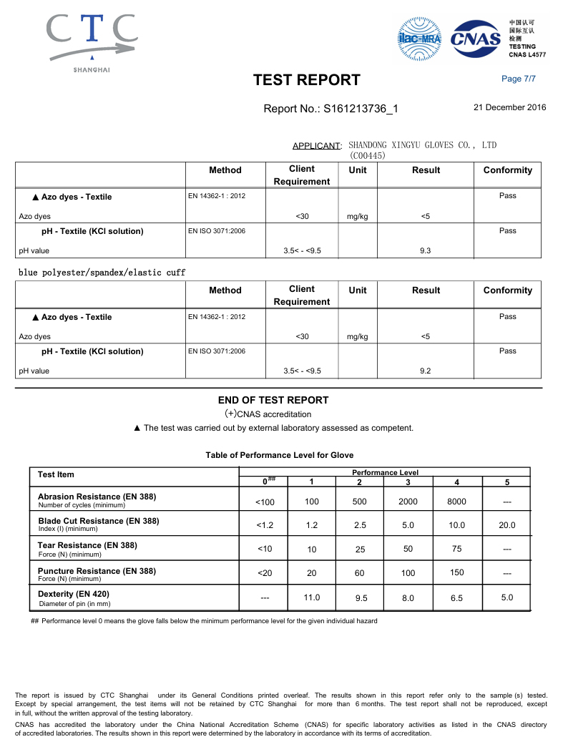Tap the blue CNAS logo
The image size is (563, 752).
click(476, 39)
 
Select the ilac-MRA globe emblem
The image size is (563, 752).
click(419, 39)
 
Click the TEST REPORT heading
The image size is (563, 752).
click(307, 80)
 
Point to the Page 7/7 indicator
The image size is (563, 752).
click(519, 79)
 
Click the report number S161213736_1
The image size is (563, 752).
click(331, 109)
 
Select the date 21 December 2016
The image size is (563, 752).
click(509, 108)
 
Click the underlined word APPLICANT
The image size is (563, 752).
click(316, 146)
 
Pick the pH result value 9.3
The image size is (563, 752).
click(425, 250)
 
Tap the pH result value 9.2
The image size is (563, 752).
click(425, 371)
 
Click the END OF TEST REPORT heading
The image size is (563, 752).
click(273, 400)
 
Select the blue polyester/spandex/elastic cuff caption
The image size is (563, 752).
click(102, 273)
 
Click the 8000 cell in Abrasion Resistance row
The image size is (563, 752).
click(456, 502)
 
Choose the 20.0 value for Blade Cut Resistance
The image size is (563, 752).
click(506, 525)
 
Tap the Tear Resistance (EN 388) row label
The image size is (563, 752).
click(87, 545)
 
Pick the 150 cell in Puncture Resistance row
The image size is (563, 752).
click(457, 572)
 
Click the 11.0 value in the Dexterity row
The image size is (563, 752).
click(312, 597)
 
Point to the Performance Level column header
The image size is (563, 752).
click(385, 472)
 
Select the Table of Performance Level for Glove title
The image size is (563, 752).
click(279, 455)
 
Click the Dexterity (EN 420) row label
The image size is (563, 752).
click(74, 594)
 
